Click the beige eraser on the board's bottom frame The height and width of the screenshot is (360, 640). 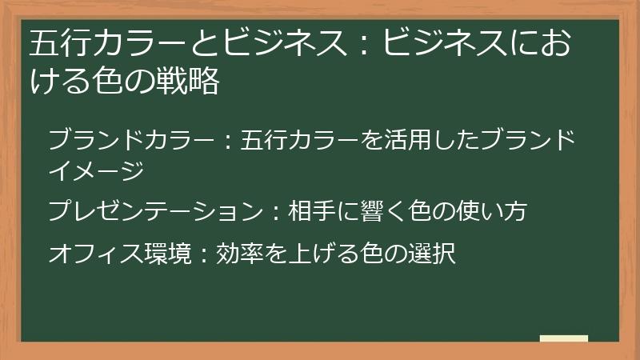[564, 338]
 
